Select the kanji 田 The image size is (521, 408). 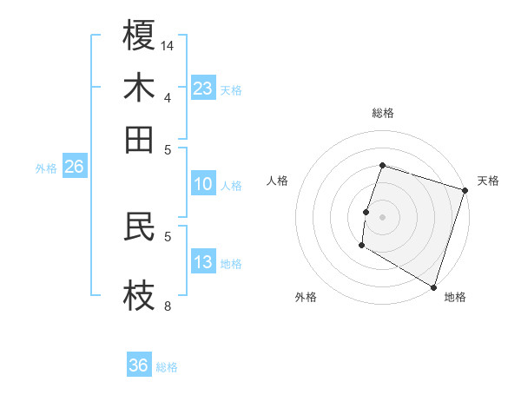(x=139, y=139)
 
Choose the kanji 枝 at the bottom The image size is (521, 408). (x=139, y=294)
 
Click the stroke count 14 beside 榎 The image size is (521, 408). (x=168, y=45)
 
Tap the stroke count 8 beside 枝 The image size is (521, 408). (x=168, y=306)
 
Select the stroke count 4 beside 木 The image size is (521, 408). (x=168, y=97)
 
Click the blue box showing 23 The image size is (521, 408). (x=202, y=89)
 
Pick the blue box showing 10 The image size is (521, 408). (x=202, y=184)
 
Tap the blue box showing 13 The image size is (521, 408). (x=202, y=263)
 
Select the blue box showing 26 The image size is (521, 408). (x=74, y=168)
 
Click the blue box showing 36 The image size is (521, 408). (x=139, y=365)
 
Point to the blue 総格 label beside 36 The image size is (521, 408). (x=167, y=367)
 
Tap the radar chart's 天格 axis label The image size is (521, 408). (x=488, y=181)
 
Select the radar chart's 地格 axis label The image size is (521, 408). (x=455, y=298)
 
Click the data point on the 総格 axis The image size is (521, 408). (x=382, y=166)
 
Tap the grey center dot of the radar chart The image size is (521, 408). (x=382, y=216)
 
